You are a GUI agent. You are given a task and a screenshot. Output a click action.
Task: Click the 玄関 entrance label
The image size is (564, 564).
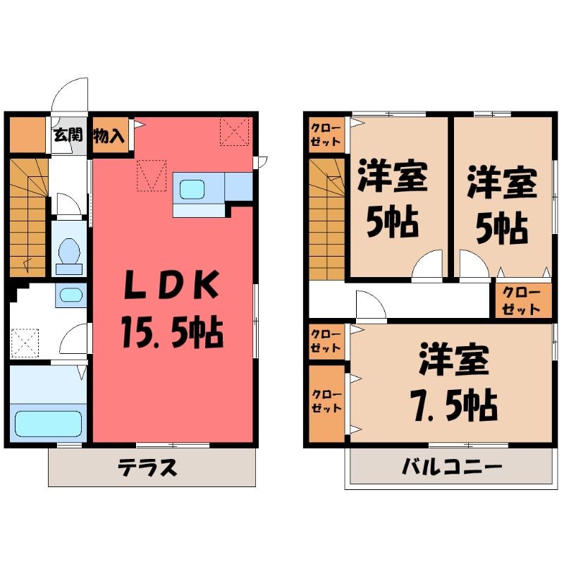coord(68,135)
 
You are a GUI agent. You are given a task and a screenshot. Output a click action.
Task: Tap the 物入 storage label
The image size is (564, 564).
coord(109,136)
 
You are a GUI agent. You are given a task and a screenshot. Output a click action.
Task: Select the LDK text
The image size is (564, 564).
coord(171,286)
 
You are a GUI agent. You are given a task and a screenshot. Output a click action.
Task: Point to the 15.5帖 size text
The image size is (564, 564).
coord(173,331)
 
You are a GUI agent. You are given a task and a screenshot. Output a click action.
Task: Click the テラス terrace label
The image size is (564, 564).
coord(147,467)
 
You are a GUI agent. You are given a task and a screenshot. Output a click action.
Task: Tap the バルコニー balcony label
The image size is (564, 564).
coord(451,467)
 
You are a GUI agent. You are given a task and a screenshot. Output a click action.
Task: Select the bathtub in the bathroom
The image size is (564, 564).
coord(48,424)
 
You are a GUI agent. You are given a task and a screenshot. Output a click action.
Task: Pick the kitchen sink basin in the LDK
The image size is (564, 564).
coord(192,189)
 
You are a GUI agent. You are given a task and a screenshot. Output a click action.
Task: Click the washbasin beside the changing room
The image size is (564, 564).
coord(71,295)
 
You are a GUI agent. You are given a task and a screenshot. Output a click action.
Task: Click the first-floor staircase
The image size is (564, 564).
coord(28,218)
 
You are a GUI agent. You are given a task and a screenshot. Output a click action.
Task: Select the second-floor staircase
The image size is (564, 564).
coord(327,219)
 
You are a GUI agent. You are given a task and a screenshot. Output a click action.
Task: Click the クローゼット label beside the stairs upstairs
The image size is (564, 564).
coord(326,135)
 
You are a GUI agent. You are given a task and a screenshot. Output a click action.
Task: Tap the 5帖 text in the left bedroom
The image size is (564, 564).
coord(393,222)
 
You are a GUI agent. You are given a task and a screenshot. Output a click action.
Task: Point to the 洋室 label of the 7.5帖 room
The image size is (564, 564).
coord(454,360)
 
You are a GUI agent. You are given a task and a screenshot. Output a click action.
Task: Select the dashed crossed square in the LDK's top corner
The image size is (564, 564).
coord(235,131)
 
